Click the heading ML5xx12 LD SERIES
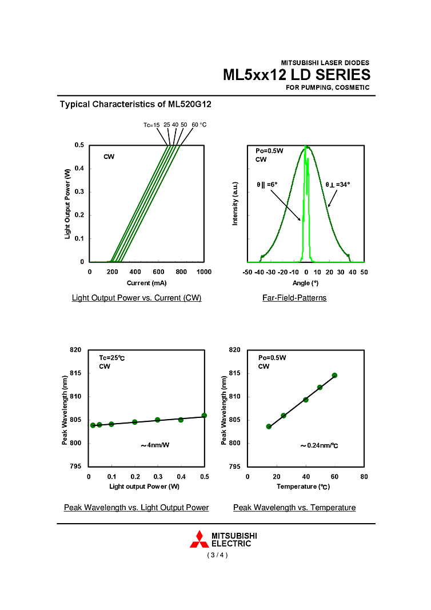tap(296, 75)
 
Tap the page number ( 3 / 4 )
tap(217, 555)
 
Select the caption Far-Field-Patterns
tap(294, 298)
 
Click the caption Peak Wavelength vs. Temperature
tap(294, 508)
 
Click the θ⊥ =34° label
tap(338, 185)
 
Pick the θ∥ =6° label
tap(266, 185)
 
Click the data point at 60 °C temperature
tap(334, 376)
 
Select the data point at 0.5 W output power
tap(204, 416)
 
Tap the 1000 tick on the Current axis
tap(203, 272)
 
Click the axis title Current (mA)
tap(146, 282)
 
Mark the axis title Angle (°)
tap(305, 282)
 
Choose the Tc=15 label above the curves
tap(151, 125)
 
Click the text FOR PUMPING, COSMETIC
tap(328, 87)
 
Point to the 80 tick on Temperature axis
tap(364, 476)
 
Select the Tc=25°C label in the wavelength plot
tap(112, 358)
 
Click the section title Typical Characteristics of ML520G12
tap(135, 105)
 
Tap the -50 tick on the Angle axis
tap(248, 272)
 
